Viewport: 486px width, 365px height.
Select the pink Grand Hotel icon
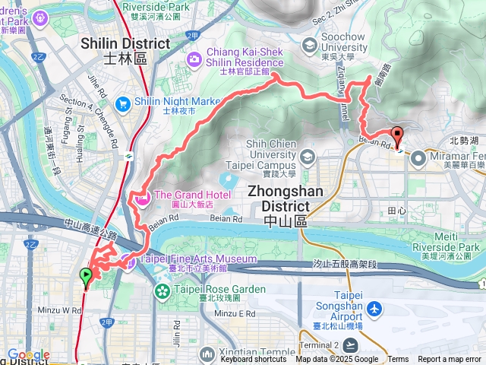tap(142, 199)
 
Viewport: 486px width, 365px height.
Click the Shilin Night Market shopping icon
tap(122, 103)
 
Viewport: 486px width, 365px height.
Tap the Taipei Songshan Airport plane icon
tap(374, 309)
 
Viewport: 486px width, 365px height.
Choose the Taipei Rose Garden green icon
tap(163, 291)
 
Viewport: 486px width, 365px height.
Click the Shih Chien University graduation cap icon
tap(308, 158)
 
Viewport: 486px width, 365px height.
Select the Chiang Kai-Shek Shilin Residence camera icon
tap(194, 58)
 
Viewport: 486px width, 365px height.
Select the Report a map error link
tap(450, 360)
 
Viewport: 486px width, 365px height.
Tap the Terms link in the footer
tap(398, 360)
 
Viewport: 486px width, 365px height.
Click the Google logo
tap(28, 355)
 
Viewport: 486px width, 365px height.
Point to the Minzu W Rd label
tap(61, 310)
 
